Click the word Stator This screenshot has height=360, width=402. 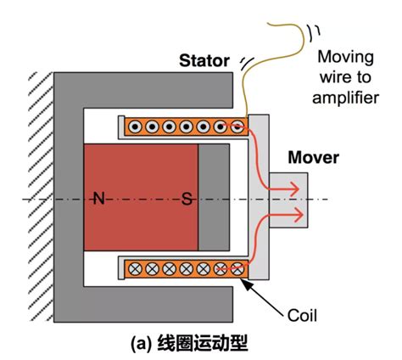click(204, 61)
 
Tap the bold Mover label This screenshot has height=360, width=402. click(313, 157)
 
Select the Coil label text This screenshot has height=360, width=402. click(302, 315)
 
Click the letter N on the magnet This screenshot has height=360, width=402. click(99, 198)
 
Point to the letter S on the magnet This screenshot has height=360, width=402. click(187, 199)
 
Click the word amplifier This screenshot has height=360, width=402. click(345, 98)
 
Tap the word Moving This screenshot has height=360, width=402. click(345, 58)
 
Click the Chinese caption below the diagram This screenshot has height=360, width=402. click(189, 343)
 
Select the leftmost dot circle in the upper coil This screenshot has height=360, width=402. click(135, 127)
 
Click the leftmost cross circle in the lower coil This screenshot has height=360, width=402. click(135, 268)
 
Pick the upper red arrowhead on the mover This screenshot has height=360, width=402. click(294, 188)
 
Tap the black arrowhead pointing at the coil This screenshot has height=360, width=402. click(245, 284)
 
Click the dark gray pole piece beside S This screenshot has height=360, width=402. click(214, 197)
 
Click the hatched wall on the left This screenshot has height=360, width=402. click(41, 197)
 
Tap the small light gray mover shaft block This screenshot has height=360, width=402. click(288, 200)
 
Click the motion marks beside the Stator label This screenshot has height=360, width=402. click(247, 63)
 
